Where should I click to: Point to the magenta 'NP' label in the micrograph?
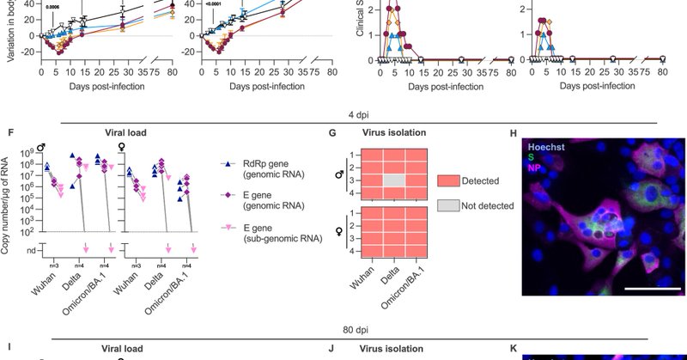click(x=537, y=168)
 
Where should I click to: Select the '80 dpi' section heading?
click(x=345, y=331)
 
